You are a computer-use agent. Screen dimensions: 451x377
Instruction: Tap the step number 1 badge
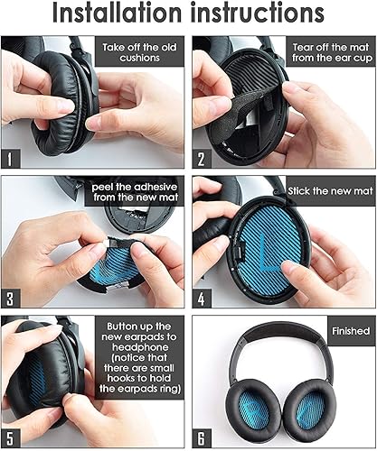12,160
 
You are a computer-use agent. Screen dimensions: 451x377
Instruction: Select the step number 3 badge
12,299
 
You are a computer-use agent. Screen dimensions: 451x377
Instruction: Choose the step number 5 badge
12,437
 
